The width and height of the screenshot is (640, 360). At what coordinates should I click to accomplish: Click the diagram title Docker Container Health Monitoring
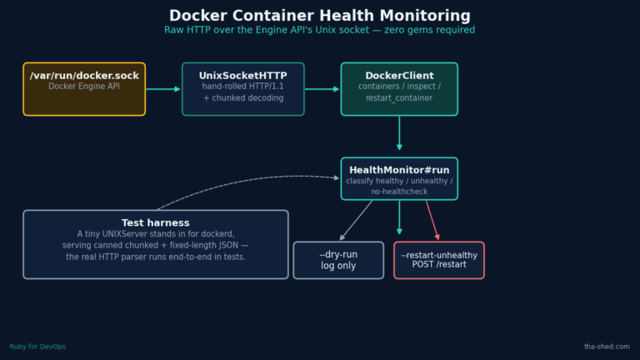click(320, 16)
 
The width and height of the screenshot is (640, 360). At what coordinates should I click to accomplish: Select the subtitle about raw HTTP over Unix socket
click(320, 30)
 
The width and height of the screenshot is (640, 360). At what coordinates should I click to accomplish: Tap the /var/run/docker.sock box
click(84, 89)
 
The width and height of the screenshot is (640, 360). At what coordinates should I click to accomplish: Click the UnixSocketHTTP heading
click(242, 76)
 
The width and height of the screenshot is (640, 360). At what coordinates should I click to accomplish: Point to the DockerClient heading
click(399, 76)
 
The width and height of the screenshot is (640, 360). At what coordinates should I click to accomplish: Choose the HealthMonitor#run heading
click(399, 170)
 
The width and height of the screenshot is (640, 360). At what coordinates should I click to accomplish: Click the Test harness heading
click(156, 222)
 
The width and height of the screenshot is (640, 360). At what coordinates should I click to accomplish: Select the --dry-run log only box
click(338, 260)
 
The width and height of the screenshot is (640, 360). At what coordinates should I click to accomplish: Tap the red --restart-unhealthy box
click(439, 260)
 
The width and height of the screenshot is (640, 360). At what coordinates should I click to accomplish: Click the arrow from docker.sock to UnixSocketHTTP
click(163, 89)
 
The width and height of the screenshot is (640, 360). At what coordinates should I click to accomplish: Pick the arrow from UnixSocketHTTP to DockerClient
click(322, 89)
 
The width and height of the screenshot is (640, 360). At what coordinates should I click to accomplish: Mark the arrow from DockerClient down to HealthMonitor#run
click(399, 133)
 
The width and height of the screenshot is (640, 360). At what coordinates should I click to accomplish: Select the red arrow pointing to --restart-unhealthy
click(432, 220)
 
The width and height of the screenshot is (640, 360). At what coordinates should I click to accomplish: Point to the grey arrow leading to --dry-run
click(356, 220)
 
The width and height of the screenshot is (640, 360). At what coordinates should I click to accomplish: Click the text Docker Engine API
click(84, 86)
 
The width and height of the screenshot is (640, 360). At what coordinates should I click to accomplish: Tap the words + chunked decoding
click(243, 98)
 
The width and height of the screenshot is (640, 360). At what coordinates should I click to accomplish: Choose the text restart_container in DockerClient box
click(399, 98)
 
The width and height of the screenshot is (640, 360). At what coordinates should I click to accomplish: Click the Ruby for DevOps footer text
click(37, 347)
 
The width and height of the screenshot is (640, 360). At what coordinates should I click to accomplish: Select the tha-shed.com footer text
click(607, 347)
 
